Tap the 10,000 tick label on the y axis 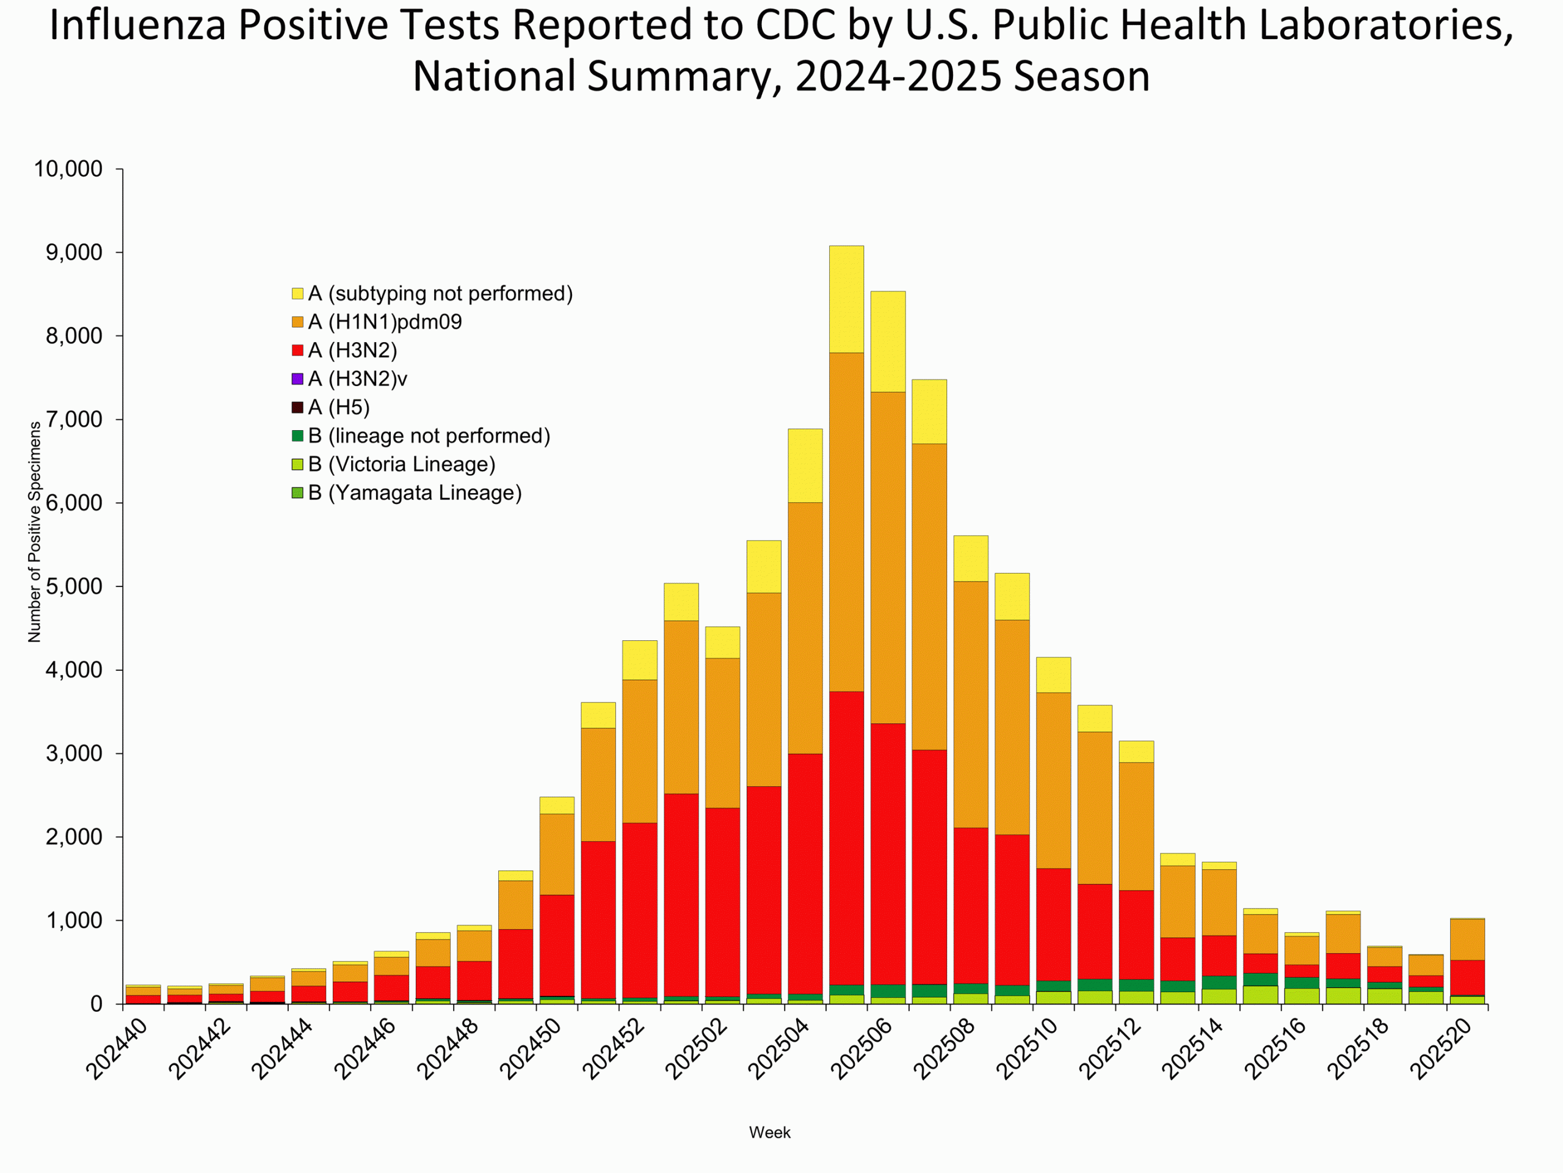point(68,169)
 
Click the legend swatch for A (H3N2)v point(297,379)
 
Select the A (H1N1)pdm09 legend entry point(385,323)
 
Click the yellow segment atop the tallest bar point(846,299)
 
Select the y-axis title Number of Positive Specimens point(34,532)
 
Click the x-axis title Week point(769,1133)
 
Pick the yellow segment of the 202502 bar point(722,642)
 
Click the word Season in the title point(1081,76)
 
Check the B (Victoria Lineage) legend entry point(401,464)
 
